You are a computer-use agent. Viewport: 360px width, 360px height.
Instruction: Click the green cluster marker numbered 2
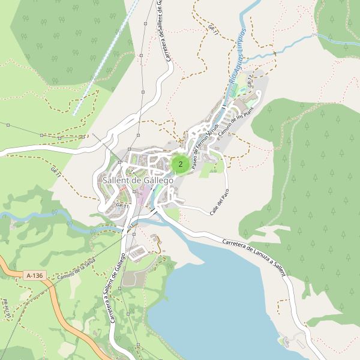pyautogui.click(x=180, y=164)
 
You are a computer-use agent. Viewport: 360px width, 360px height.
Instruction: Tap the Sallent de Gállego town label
pyautogui.click(x=137, y=180)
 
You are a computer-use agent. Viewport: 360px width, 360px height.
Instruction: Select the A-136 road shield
pyautogui.click(x=35, y=275)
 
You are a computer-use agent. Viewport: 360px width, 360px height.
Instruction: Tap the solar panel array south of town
pyautogui.click(x=137, y=252)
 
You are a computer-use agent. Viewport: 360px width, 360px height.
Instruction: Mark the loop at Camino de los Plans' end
pyautogui.click(x=257, y=95)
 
